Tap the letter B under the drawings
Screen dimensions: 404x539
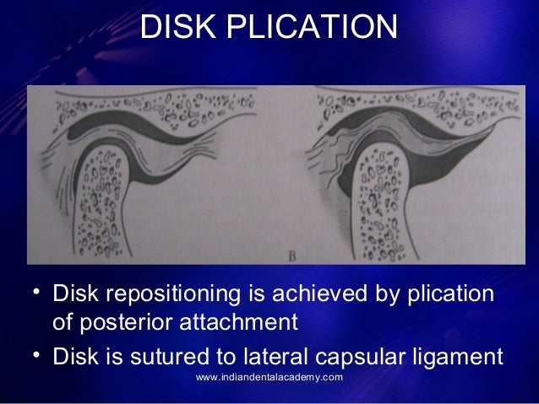pos(280,251)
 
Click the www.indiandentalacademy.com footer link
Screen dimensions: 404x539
pos(269,377)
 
